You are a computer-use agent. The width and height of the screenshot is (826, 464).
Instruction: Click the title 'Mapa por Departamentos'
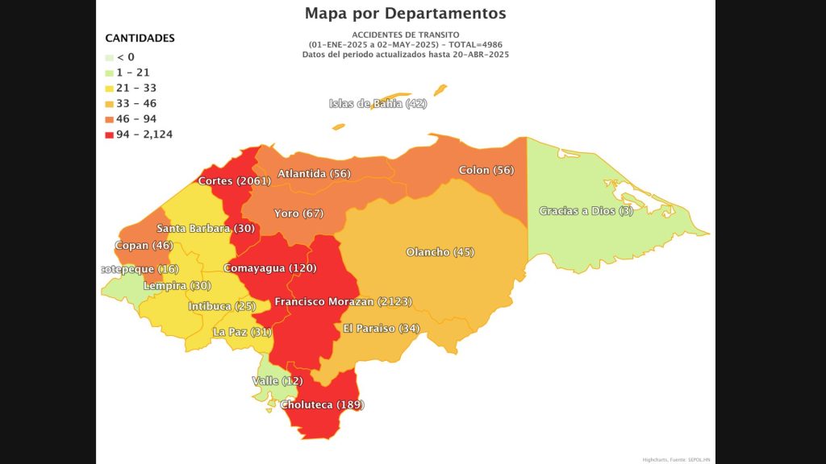405,14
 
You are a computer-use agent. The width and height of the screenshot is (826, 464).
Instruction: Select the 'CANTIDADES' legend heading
140,38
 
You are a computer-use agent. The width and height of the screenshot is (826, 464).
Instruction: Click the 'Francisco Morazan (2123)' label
343,302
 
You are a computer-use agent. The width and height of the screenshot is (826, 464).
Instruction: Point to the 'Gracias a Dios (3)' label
586,212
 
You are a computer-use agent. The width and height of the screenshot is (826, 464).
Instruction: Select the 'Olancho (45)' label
440,252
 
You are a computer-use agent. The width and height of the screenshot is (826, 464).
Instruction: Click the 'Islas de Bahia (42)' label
378,104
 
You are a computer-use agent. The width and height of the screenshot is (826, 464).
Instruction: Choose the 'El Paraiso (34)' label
381,329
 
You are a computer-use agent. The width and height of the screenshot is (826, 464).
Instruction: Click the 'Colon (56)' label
486,171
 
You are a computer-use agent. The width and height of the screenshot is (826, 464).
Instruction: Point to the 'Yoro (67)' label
298,213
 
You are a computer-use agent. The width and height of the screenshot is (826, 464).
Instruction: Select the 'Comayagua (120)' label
269,268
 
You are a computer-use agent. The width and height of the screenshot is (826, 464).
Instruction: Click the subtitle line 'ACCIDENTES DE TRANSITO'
405,35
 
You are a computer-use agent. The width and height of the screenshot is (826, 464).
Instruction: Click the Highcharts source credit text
676,459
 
